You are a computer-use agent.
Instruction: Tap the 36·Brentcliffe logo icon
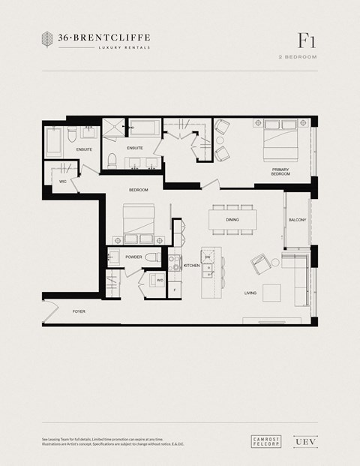click(46, 39)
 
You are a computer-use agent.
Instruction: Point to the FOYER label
click(79, 311)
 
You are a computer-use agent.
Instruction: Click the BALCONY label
click(297, 220)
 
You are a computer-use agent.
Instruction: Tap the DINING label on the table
click(232, 220)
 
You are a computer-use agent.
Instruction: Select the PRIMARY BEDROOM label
click(280, 172)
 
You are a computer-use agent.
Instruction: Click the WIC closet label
click(63, 180)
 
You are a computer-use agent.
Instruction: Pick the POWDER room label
click(133, 257)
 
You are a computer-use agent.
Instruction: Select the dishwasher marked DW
click(207, 257)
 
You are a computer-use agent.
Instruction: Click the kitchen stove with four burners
click(175, 263)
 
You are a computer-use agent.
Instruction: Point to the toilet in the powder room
click(152, 257)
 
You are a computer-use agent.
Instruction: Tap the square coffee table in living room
click(271, 292)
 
